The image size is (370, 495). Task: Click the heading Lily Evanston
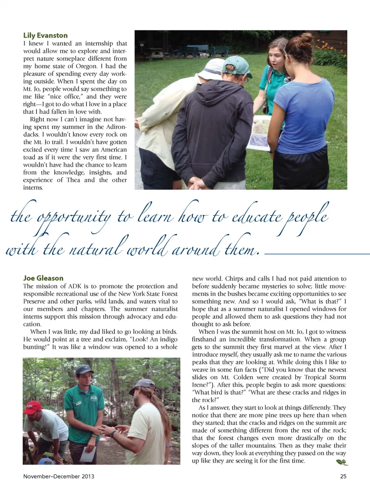click(45, 35)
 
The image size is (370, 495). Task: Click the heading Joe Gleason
click(43, 278)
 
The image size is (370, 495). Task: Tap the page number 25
click(343, 476)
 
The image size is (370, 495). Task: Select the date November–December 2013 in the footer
click(59, 476)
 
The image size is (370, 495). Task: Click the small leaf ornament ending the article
click(342, 462)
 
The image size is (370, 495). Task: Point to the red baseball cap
click(33, 406)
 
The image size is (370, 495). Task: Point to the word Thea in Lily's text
click(74, 180)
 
